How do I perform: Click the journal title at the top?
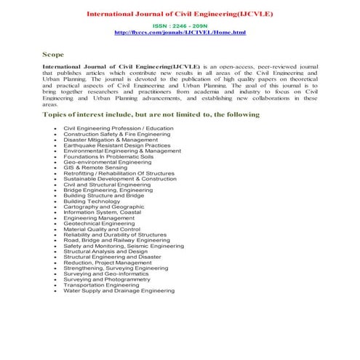click(x=180, y=14)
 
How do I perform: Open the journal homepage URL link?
click(x=180, y=33)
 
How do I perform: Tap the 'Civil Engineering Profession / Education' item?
click(x=119, y=129)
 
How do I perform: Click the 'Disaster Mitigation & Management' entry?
click(x=111, y=140)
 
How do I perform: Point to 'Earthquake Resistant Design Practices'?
click(x=117, y=145)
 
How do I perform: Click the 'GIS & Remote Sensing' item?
click(x=95, y=167)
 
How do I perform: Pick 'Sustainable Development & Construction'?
click(x=120, y=179)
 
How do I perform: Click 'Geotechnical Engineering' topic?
click(x=99, y=224)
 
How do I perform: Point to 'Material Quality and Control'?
click(x=102, y=229)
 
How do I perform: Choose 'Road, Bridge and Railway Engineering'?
click(x=117, y=241)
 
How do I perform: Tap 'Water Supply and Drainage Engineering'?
click(x=119, y=291)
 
